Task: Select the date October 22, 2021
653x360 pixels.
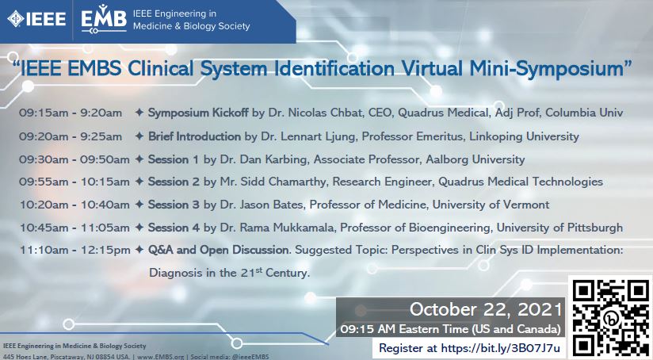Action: pos(487,308)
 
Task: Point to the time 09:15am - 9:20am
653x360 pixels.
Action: pos(71,113)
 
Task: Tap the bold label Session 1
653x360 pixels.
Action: pos(174,159)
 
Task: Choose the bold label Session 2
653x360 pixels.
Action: pos(174,182)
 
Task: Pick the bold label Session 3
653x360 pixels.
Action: pos(174,205)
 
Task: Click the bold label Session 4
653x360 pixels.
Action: pos(174,228)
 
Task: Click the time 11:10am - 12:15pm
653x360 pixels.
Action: pos(75,251)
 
